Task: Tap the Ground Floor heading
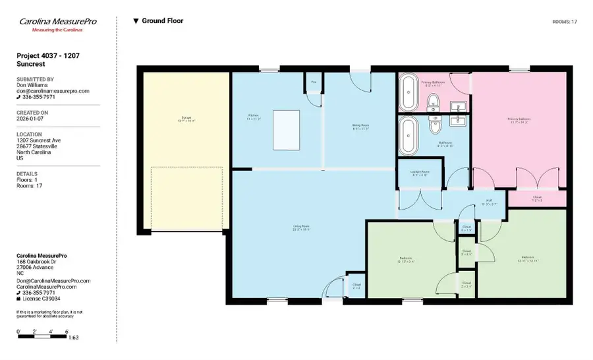tap(162, 21)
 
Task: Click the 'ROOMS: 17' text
tap(564, 22)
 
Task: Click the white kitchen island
tap(286, 130)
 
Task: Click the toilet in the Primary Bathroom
tap(433, 102)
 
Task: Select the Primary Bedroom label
tap(519, 121)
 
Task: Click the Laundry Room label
tap(419, 173)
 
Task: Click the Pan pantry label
tap(314, 82)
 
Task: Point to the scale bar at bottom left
tap(43, 336)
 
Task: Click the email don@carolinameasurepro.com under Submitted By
tap(52, 91)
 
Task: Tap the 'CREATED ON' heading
tap(32, 113)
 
